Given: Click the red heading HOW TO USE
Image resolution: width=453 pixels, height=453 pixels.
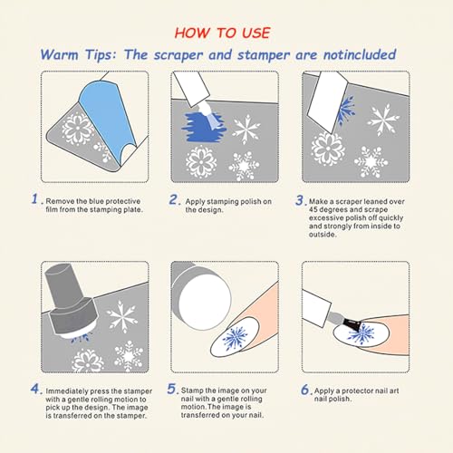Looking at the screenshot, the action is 222,33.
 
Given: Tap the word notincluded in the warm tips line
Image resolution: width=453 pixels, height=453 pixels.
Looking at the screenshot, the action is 360,54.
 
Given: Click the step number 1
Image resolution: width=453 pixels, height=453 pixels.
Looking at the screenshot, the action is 35,198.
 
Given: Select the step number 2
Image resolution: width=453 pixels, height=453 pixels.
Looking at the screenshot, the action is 174,199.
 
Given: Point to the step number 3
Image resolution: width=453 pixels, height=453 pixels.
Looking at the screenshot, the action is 300,200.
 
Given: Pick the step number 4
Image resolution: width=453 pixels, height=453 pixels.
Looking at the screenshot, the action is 35,389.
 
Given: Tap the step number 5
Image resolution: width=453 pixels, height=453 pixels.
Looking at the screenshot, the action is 172,389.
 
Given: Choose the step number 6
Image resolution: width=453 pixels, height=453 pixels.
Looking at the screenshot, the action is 305,390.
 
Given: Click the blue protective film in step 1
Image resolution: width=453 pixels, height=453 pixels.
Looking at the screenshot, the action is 106,115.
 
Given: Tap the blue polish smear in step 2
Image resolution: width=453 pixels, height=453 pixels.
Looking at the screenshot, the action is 203,126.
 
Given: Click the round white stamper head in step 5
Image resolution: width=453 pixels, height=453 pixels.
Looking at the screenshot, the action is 205,299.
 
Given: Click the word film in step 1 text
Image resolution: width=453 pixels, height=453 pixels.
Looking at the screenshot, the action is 52,209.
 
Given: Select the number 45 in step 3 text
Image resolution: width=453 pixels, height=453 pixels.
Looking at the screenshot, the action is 313,209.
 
